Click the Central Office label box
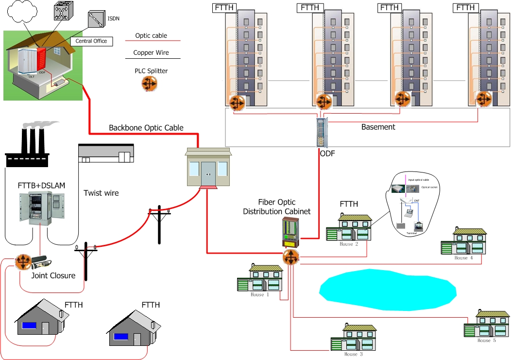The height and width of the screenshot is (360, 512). [91, 41]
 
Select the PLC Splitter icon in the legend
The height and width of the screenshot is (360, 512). [150, 84]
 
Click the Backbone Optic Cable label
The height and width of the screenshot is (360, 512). [146, 128]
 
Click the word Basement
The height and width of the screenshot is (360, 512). [378, 127]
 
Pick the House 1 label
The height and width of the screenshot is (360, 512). [257, 295]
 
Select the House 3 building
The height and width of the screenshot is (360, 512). [353, 338]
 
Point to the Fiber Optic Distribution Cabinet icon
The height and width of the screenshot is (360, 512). [291, 232]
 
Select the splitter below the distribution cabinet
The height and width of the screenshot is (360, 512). [291, 257]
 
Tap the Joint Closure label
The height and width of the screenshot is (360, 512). [53, 275]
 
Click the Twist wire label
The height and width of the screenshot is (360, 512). [101, 193]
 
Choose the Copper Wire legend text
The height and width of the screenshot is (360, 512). [151, 53]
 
